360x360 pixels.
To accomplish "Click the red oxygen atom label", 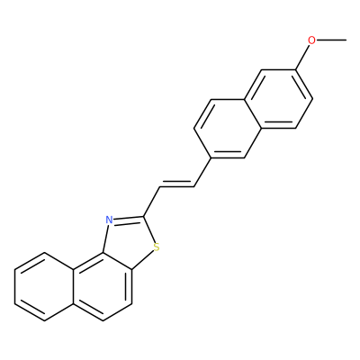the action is [312, 40].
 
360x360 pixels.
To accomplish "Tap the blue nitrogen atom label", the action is [109, 220].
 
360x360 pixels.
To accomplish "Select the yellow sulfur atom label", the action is [156, 247].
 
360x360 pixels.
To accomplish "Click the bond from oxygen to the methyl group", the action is [332, 40].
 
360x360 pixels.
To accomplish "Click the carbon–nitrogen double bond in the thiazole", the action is [129, 219].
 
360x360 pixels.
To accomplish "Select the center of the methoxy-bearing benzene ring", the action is [278, 99].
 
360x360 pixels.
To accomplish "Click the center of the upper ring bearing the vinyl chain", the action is [228, 129].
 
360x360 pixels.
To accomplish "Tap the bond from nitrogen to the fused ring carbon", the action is [105, 238].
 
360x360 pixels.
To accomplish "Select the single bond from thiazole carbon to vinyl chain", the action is [152, 202].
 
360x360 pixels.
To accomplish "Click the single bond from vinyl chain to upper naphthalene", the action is [202, 172].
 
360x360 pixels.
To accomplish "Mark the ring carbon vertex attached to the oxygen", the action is [295, 70].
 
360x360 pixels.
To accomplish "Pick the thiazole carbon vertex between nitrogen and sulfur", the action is [144, 216].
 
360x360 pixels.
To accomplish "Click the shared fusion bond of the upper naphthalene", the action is [253, 114].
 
